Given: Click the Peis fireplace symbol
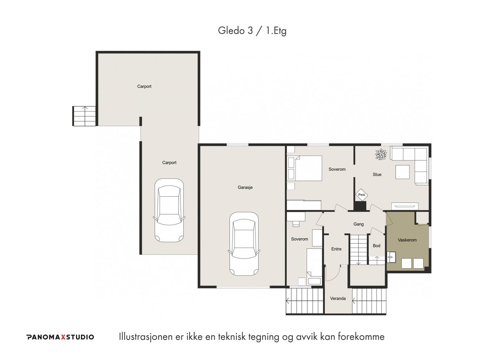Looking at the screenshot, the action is (361, 195).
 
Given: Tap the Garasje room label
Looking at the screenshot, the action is (245, 187).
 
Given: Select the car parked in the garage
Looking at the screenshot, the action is (244, 244).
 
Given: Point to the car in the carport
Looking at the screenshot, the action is (169, 210).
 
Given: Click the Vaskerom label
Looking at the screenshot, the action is (407, 240).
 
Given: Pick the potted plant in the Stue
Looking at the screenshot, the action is (381, 154).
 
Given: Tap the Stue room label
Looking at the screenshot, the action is (377, 174).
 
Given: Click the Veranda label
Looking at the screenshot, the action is (338, 299).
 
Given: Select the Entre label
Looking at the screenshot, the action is (336, 249).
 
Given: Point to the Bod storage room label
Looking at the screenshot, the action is (376, 246).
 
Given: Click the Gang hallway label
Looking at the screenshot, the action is (358, 224).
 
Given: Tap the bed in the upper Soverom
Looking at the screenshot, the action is (305, 168).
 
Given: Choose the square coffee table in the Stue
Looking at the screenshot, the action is (402, 172).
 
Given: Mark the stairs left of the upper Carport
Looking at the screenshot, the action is (84, 116).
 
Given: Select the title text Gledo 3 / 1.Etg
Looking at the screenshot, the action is (252, 31).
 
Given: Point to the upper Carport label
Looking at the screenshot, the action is (144, 86).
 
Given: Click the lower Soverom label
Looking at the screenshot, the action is (300, 239).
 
